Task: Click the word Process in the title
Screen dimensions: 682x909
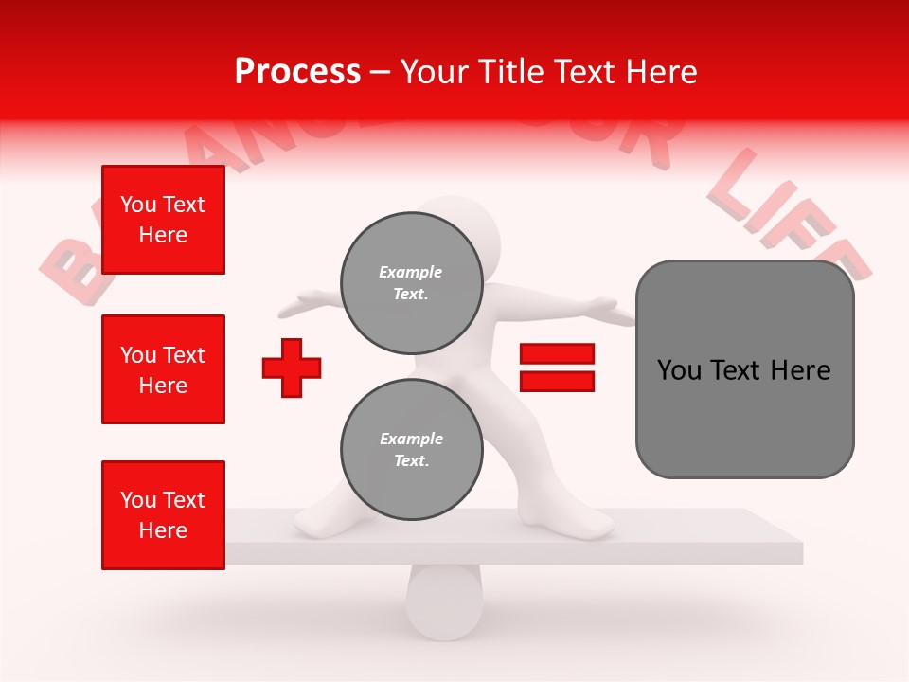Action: point(297,72)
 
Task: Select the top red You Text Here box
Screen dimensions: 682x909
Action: point(163,220)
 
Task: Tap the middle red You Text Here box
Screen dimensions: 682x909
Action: point(163,369)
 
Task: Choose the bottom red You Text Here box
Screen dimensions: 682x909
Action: point(163,515)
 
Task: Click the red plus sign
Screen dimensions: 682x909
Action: point(292,367)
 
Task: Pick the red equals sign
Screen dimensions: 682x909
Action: point(557,368)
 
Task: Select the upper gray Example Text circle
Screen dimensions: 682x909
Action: point(411,282)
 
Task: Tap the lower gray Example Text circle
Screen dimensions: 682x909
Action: point(411,449)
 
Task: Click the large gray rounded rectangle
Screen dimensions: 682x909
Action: point(744,369)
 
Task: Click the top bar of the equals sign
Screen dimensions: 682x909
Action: point(557,353)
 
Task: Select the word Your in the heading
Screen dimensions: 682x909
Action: point(434,72)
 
